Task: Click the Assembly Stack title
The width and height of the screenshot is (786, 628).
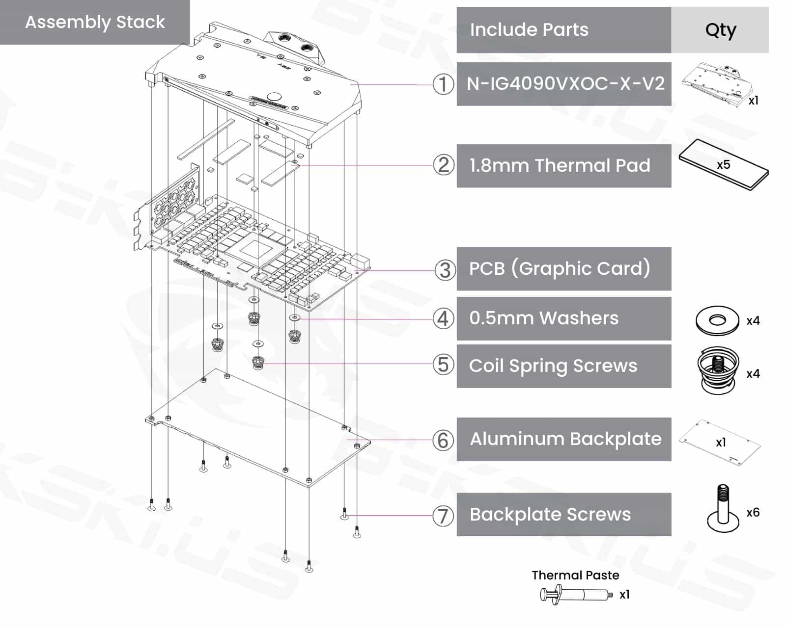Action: tap(95, 22)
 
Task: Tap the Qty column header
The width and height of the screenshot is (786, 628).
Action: tap(720, 30)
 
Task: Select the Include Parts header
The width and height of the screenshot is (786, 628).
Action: tap(529, 30)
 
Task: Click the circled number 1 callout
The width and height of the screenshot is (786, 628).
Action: tap(443, 84)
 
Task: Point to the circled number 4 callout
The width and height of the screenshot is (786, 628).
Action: tap(443, 319)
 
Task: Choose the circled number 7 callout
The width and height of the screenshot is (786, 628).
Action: tap(443, 516)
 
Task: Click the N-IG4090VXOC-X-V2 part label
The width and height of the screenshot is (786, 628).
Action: tap(565, 84)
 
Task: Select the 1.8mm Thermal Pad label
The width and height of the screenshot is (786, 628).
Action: tap(560, 166)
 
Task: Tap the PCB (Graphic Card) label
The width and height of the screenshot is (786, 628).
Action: tap(560, 269)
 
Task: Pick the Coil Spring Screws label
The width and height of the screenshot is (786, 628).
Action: tap(553, 366)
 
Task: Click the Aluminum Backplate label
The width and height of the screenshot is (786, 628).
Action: tap(565, 439)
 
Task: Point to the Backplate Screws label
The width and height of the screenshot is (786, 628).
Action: tap(550, 515)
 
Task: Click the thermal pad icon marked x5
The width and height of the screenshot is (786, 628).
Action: tap(723, 165)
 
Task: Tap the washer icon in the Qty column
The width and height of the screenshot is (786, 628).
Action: tap(717, 321)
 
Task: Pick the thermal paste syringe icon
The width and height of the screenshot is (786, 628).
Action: tap(576, 595)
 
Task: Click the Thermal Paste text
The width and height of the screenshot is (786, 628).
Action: tap(575, 575)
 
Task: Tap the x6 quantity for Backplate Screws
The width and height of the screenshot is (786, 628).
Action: tap(753, 513)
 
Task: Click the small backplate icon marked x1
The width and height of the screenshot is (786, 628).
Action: tap(720, 443)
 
